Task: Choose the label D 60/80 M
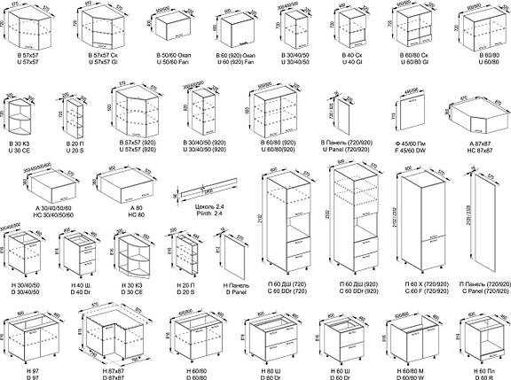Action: pos(405,375)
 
